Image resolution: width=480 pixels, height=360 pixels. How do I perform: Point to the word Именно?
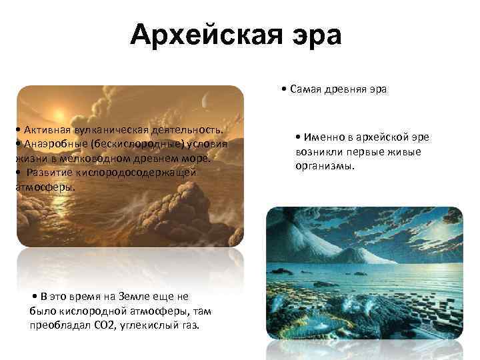click(322, 137)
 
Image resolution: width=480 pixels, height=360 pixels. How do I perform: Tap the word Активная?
click(44, 128)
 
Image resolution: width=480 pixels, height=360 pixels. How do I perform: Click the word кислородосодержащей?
click(135, 173)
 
